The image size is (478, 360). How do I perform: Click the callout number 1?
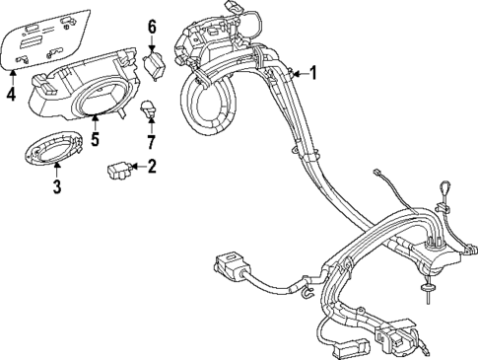313,72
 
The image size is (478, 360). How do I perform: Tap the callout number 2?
151,167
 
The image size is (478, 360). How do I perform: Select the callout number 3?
56,185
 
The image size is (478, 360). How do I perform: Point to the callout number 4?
11,96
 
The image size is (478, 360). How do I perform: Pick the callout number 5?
95,139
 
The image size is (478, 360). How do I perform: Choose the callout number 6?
153,26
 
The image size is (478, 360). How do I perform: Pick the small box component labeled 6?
155,66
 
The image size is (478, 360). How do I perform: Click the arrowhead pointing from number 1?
294,72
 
